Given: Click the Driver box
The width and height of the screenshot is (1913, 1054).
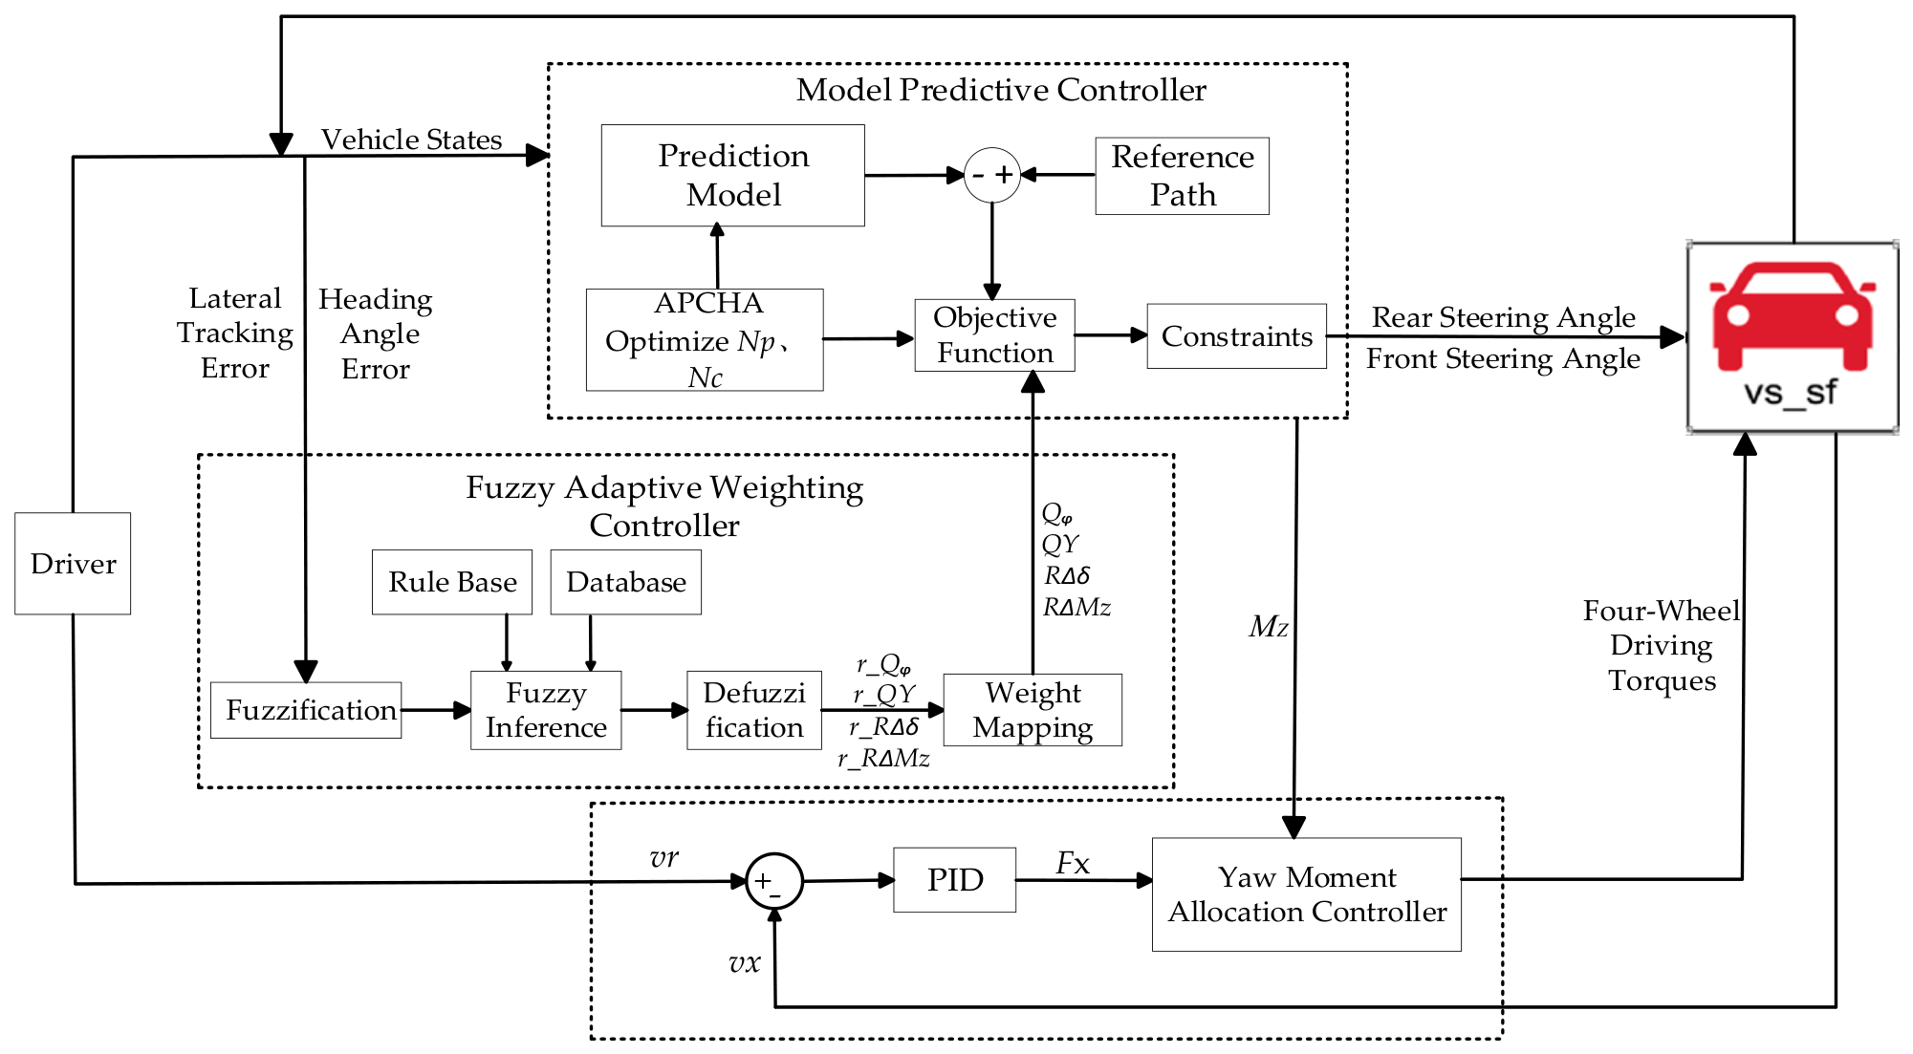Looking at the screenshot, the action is click(x=73, y=564).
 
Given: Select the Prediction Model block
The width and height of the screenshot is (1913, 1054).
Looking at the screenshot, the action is click(x=733, y=176).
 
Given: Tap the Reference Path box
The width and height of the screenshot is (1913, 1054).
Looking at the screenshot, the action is click(x=1183, y=176).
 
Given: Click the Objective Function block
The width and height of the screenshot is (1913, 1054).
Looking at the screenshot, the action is click(x=995, y=335).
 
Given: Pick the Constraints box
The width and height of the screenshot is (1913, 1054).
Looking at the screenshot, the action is click(x=1237, y=336).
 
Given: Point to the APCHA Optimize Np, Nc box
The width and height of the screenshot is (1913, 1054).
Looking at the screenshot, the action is click(x=705, y=340).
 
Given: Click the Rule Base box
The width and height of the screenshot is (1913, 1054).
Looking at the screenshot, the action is click(x=452, y=582).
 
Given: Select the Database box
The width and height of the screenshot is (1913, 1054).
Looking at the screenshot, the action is click(x=626, y=582).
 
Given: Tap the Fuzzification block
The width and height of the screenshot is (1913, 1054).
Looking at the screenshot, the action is click(x=306, y=710).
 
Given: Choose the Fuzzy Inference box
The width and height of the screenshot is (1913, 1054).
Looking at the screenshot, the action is click(x=546, y=710).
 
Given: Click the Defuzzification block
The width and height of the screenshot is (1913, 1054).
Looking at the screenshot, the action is click(x=754, y=710).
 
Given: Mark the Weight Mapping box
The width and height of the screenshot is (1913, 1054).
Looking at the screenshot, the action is click(x=1033, y=710).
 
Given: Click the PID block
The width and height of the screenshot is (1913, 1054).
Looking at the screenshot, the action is click(x=955, y=880).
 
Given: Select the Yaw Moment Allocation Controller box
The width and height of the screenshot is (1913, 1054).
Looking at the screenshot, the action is click(x=1307, y=894).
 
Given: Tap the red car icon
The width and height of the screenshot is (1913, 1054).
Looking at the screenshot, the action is click(x=1793, y=315).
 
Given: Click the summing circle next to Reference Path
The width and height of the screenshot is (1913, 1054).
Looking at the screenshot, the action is click(x=992, y=175).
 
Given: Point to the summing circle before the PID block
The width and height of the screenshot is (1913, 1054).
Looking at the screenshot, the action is click(x=774, y=882).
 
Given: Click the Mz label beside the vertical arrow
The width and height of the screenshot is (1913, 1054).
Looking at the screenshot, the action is click(x=1269, y=627).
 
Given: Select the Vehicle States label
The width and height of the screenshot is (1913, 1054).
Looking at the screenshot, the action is click(x=411, y=140).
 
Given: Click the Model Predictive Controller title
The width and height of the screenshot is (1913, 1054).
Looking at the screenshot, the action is click(x=1001, y=90).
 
